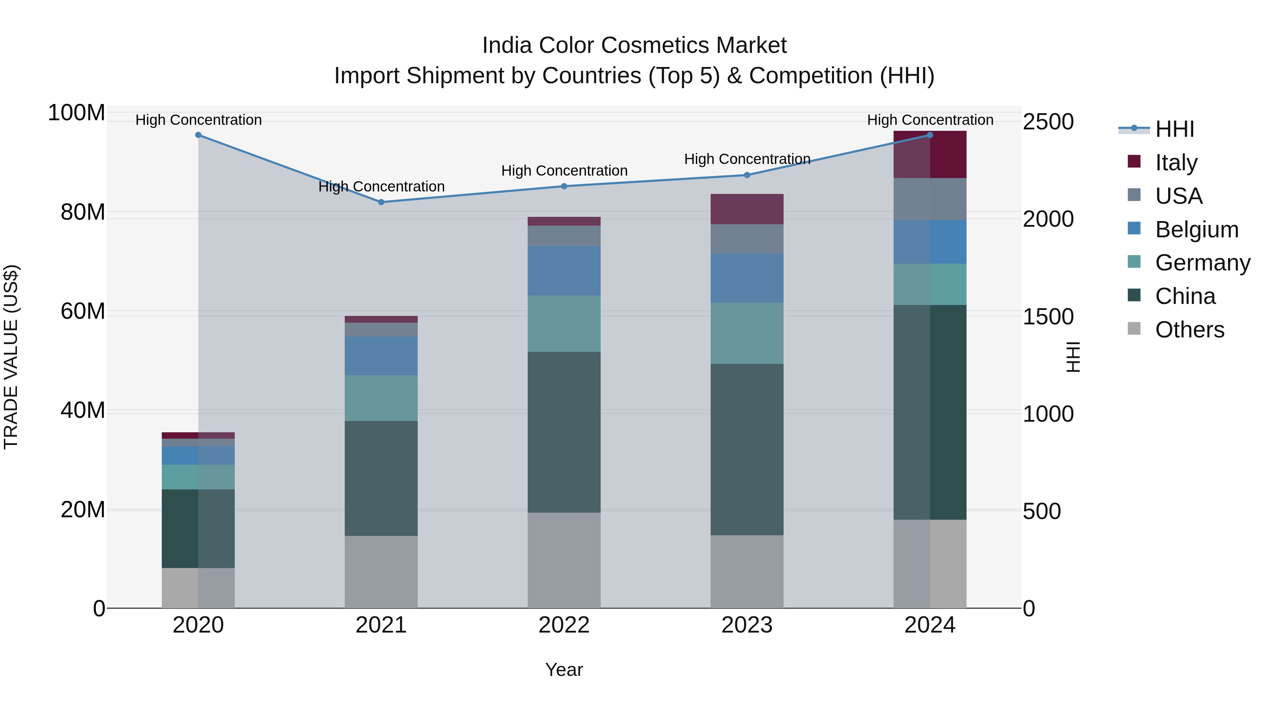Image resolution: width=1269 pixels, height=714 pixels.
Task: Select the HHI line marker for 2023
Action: (x=747, y=175)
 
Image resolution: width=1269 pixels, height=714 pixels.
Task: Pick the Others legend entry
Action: (x=1189, y=330)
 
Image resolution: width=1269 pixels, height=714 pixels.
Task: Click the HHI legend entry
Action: (x=1175, y=129)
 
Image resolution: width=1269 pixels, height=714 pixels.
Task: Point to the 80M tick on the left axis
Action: (x=82, y=212)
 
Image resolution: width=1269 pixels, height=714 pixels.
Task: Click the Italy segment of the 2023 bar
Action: (x=747, y=209)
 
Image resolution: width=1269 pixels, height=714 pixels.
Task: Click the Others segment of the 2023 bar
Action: (x=747, y=571)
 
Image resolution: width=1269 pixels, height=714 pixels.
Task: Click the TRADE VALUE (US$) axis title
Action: (x=11, y=357)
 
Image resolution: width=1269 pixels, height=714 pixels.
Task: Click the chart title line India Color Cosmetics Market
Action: (x=634, y=45)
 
